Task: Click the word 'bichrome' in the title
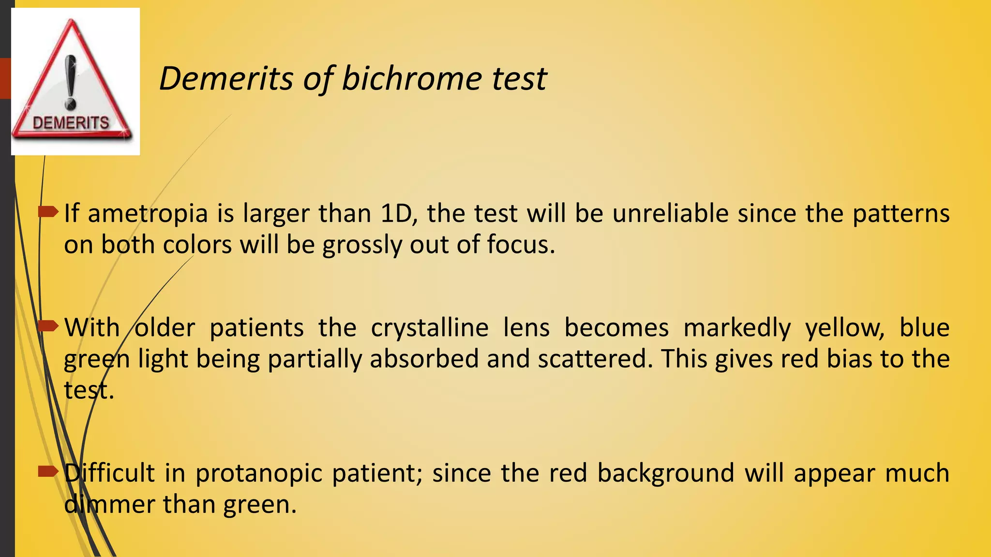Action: pyautogui.click(x=411, y=78)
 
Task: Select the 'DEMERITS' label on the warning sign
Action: pyautogui.click(x=71, y=123)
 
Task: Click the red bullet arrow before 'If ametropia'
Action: pyautogui.click(x=48, y=212)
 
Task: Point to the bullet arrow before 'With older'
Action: pyautogui.click(x=48, y=326)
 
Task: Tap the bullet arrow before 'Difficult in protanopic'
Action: pyautogui.click(x=48, y=471)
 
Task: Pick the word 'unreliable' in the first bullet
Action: pyautogui.click(x=670, y=213)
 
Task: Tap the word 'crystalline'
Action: pyautogui.click(x=430, y=328)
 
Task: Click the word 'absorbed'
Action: pyautogui.click(x=424, y=359)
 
